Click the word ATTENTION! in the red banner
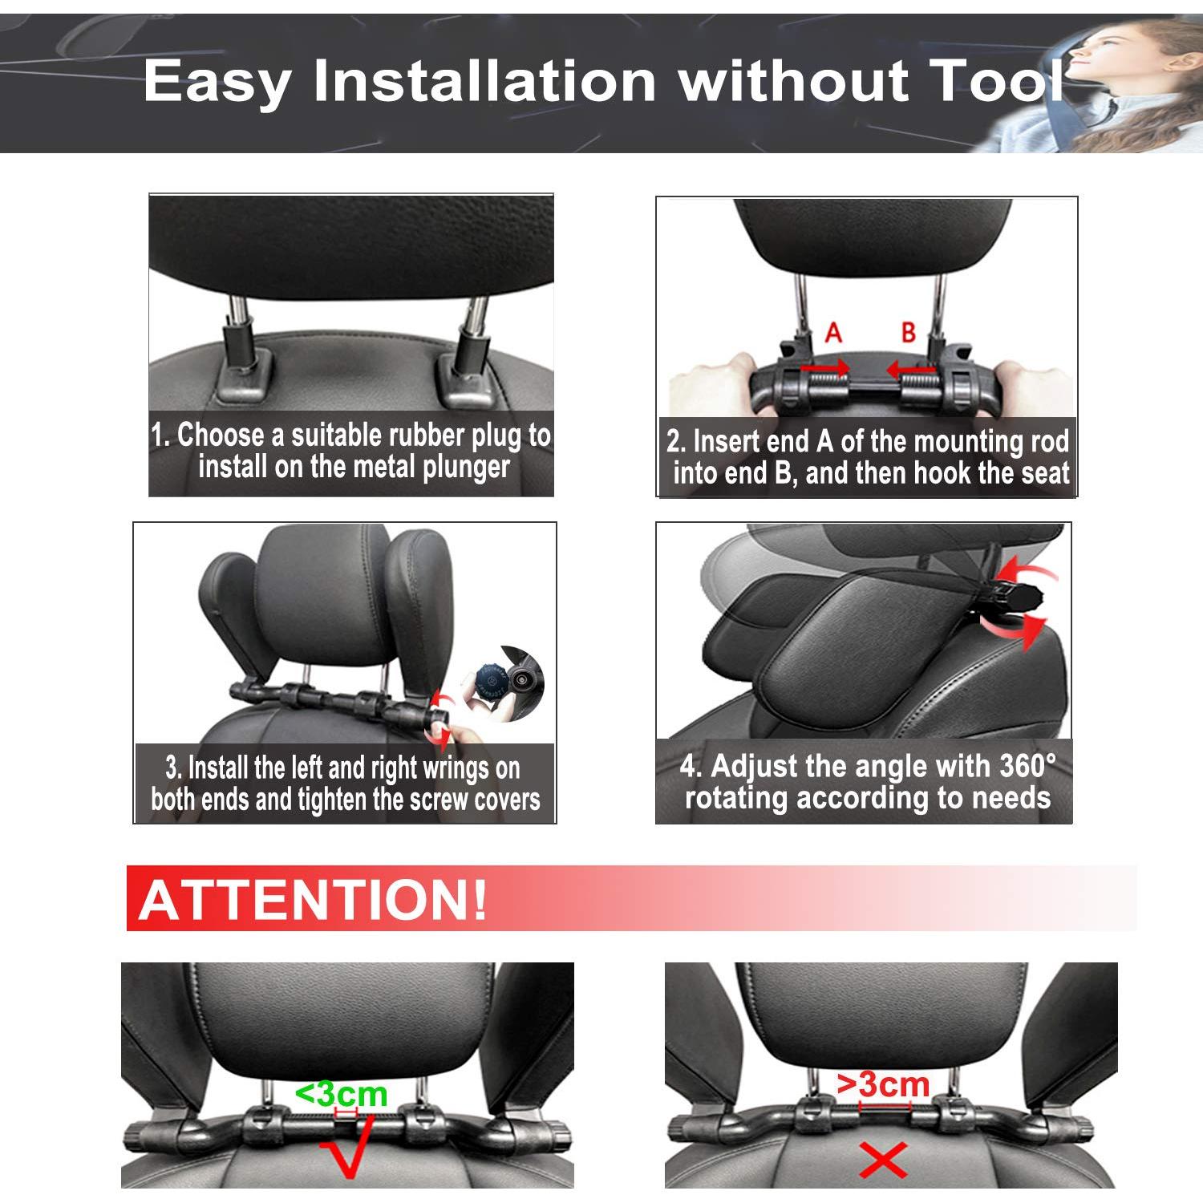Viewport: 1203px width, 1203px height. click(x=313, y=900)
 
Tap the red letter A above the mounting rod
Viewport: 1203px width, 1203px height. click(x=833, y=332)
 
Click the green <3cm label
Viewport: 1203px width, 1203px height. click(x=341, y=1094)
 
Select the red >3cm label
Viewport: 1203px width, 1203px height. click(x=883, y=1084)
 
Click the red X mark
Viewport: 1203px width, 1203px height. click(x=883, y=1160)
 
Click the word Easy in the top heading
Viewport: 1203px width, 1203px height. click(x=217, y=82)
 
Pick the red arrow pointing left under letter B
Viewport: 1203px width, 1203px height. click(x=910, y=370)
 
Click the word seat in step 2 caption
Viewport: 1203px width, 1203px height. click(x=1045, y=473)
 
